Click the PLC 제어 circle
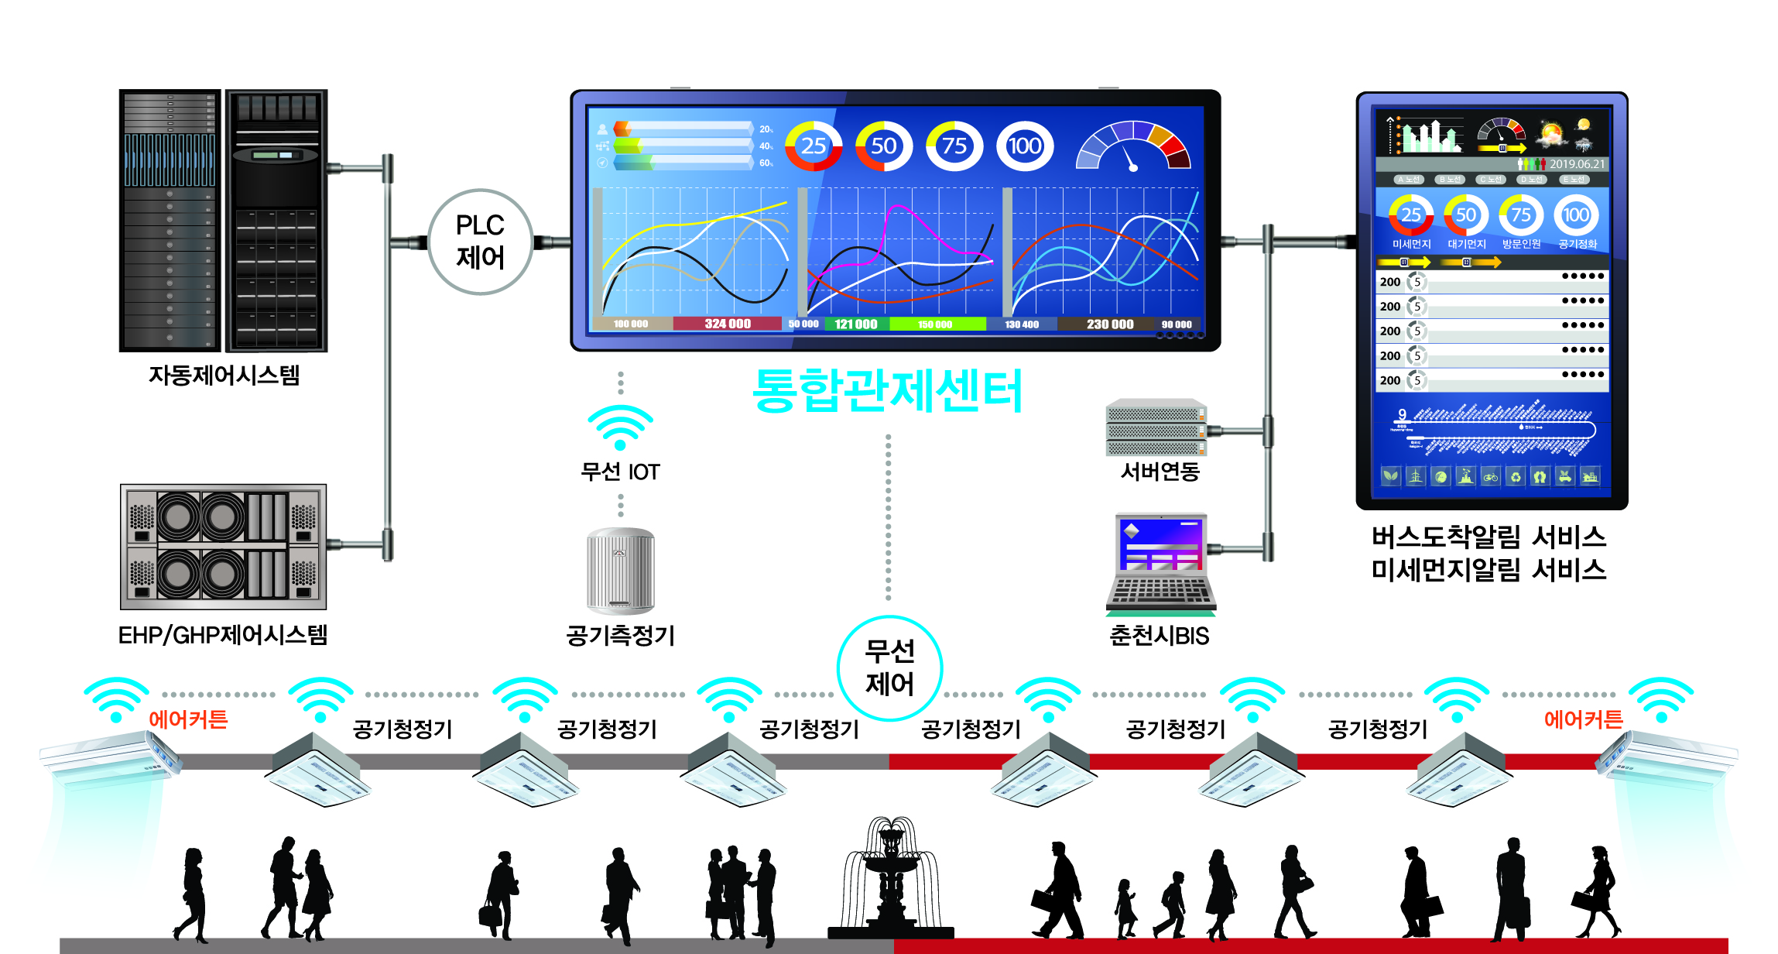tap(480, 242)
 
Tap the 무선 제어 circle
tap(889, 667)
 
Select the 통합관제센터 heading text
tap(887, 391)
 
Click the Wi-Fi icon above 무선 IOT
tap(620, 426)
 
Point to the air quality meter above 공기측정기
tap(620, 571)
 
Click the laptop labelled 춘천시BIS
tap(1160, 563)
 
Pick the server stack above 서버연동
tap(1156, 427)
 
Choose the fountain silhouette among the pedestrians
tap(891, 879)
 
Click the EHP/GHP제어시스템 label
tap(223, 636)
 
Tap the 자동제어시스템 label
tap(224, 376)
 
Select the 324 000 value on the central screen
tap(727, 324)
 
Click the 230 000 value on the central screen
tap(1109, 324)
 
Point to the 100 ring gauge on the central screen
tap(1024, 146)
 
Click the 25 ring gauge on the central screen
tap(814, 146)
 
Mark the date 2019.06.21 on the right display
tap(1577, 164)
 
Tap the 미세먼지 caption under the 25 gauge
tap(1411, 244)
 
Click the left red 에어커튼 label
tap(188, 719)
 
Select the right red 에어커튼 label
tap(1583, 719)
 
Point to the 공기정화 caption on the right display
tap(1577, 244)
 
